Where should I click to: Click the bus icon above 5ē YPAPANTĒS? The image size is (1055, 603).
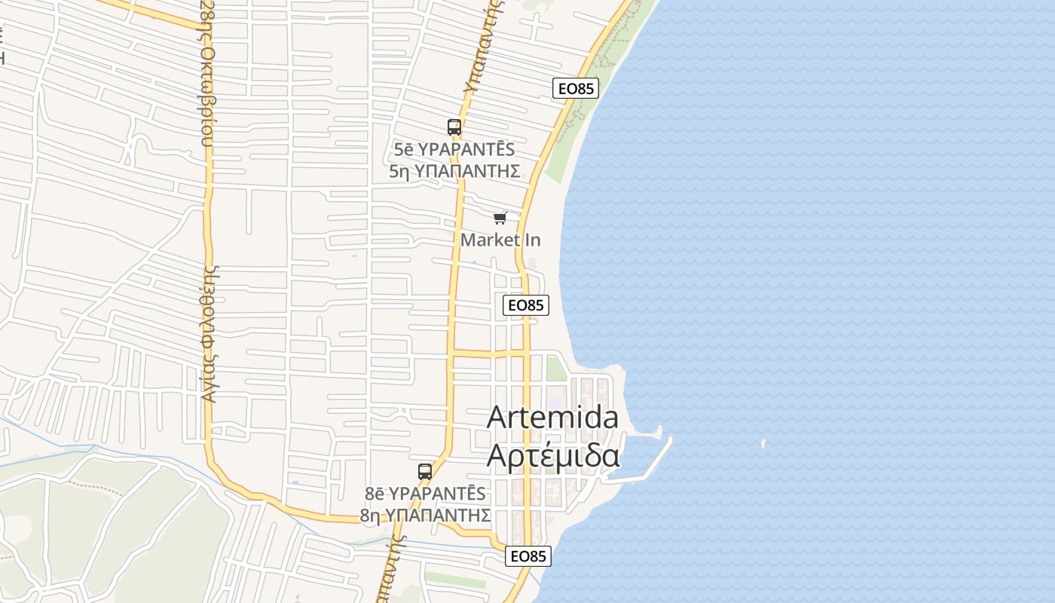[x=454, y=127]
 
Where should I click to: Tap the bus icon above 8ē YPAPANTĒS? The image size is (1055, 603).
[x=425, y=472]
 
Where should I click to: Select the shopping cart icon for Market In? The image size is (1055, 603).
[x=500, y=219]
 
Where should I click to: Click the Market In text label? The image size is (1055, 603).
[x=500, y=240]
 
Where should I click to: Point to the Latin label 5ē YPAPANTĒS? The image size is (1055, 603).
[x=454, y=149]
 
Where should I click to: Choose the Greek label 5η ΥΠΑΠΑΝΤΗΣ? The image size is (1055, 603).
[x=454, y=171]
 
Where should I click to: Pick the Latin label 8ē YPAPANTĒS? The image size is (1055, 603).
[x=425, y=494]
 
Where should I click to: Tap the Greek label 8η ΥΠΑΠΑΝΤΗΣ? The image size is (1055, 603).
[x=425, y=516]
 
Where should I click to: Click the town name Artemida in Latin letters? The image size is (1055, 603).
[x=552, y=418]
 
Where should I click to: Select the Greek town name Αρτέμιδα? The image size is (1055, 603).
[x=552, y=455]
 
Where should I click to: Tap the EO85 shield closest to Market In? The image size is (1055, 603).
[x=525, y=305]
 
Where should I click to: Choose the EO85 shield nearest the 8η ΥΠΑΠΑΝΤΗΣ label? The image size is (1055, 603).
[x=527, y=556]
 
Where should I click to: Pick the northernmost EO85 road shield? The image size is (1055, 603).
[x=576, y=88]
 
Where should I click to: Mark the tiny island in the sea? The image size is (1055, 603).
[x=763, y=444]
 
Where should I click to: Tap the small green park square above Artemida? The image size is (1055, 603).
[x=556, y=369]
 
